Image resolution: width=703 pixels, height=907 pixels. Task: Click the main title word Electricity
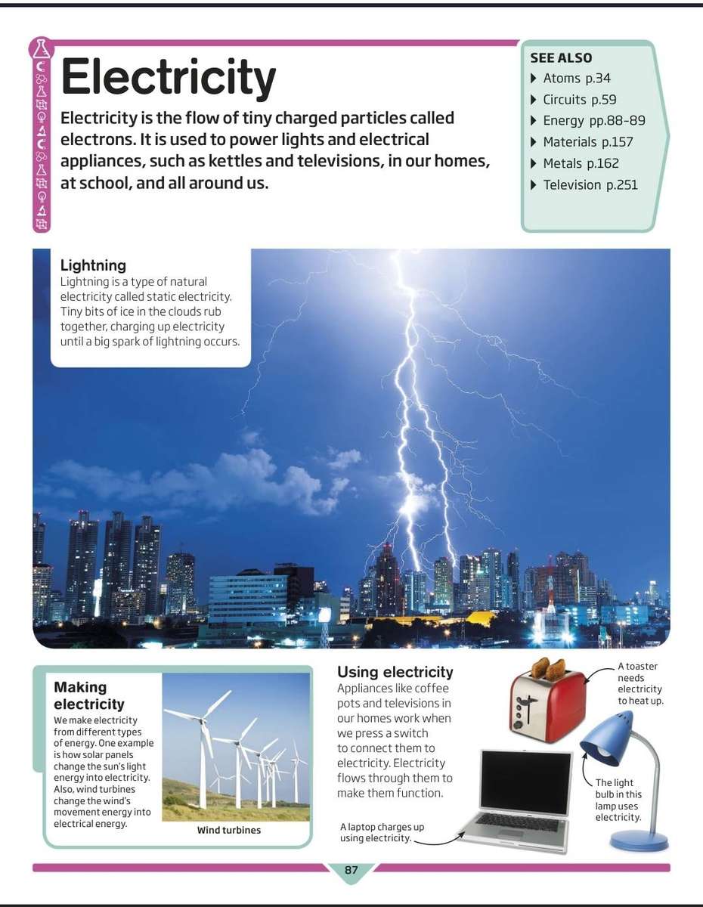tap(168, 77)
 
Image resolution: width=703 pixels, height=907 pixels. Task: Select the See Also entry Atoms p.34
tap(576, 78)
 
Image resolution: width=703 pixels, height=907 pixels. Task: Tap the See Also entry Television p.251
tap(590, 184)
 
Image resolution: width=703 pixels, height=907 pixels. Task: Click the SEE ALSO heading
tap(561, 57)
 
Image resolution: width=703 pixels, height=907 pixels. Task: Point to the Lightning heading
tap(93, 265)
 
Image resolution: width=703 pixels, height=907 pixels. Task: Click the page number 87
tap(351, 870)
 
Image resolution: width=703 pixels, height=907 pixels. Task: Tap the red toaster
tap(548, 707)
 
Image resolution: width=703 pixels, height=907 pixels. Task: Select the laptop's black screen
tap(526, 783)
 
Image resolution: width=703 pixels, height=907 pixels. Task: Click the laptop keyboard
tap(519, 822)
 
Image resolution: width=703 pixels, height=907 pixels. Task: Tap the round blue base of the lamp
tap(639, 840)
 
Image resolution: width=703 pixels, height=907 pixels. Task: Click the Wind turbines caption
tap(229, 830)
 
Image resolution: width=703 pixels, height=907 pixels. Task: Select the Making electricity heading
tap(89, 695)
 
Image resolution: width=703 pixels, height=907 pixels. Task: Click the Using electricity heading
tap(395, 672)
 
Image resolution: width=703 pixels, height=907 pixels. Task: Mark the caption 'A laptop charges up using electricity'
tap(382, 832)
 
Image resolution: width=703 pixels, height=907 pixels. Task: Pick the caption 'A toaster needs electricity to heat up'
tap(640, 683)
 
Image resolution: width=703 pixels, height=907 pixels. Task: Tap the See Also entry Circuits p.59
tap(579, 99)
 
